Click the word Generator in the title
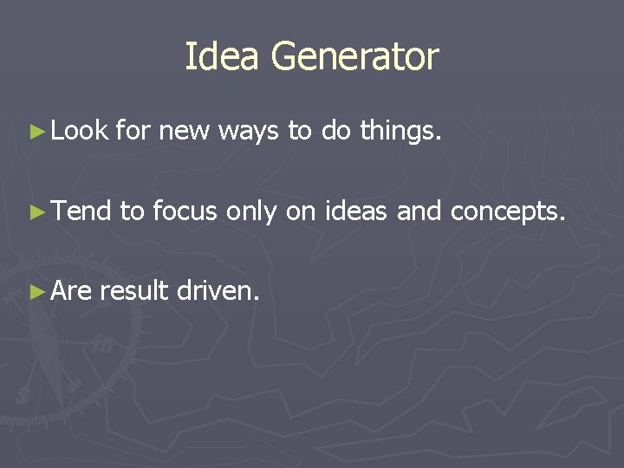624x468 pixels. click(355, 57)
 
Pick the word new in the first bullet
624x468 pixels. click(184, 132)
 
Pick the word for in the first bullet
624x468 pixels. click(132, 132)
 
